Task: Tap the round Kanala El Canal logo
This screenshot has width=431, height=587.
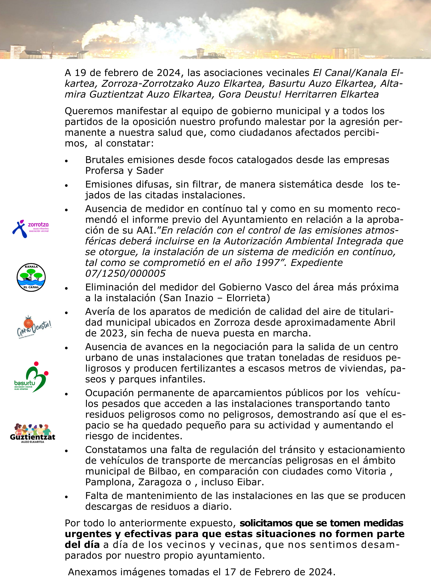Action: click(x=31, y=277)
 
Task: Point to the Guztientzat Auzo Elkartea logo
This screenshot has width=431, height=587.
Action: click(x=32, y=433)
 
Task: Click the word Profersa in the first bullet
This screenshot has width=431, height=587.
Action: click(x=104, y=171)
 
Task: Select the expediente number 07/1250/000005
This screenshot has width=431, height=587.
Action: click(x=125, y=274)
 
